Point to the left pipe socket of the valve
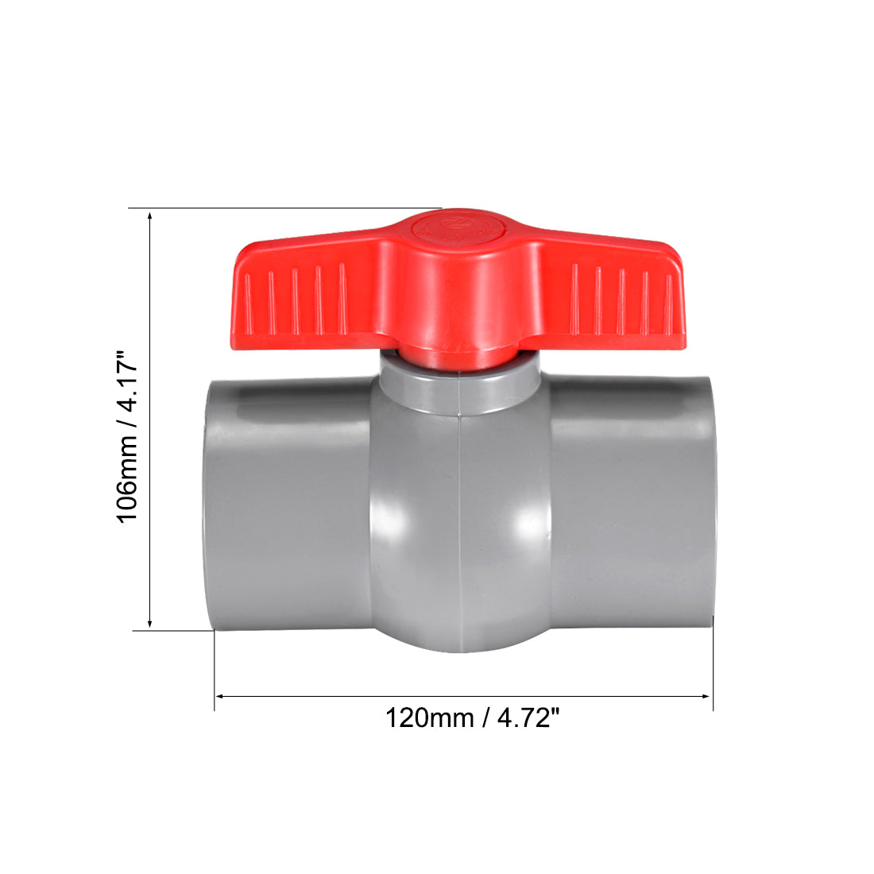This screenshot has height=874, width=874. (286, 509)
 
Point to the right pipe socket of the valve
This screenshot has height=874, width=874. (632, 509)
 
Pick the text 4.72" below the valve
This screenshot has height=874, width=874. (528, 718)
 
